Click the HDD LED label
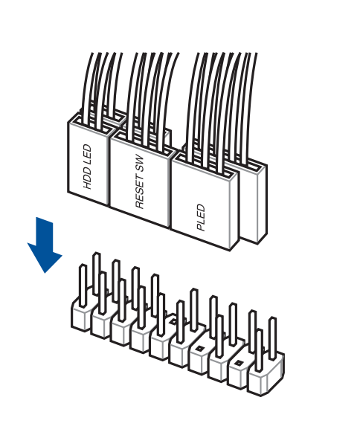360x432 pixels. pyautogui.click(x=87, y=167)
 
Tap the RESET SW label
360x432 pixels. pyautogui.click(x=140, y=182)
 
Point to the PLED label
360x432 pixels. pyautogui.click(x=201, y=217)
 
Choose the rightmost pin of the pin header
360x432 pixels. pyautogui.click(x=272, y=338)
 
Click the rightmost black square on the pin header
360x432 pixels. pyautogui.click(x=237, y=364)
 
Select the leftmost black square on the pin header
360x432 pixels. pyautogui.click(x=173, y=321)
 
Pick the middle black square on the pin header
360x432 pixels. pyautogui.click(x=199, y=349)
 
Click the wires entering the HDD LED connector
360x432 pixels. pyautogui.click(x=101, y=88)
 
